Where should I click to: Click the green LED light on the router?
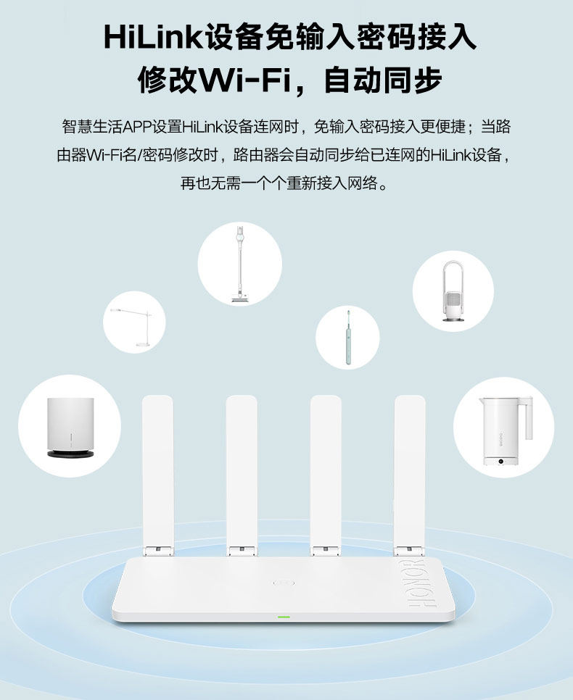pyautogui.click(x=283, y=617)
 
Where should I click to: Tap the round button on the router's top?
pyautogui.click(x=283, y=582)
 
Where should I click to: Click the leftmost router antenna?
pyautogui.click(x=157, y=471)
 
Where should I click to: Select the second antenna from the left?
pyautogui.click(x=242, y=471)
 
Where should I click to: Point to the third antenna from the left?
pyautogui.click(x=326, y=471)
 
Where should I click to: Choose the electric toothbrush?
pyautogui.click(x=347, y=336)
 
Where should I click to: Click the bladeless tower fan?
pyautogui.click(x=453, y=291)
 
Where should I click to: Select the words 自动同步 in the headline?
pyautogui.click(x=382, y=80)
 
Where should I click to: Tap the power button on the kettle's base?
pyautogui.click(x=500, y=462)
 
